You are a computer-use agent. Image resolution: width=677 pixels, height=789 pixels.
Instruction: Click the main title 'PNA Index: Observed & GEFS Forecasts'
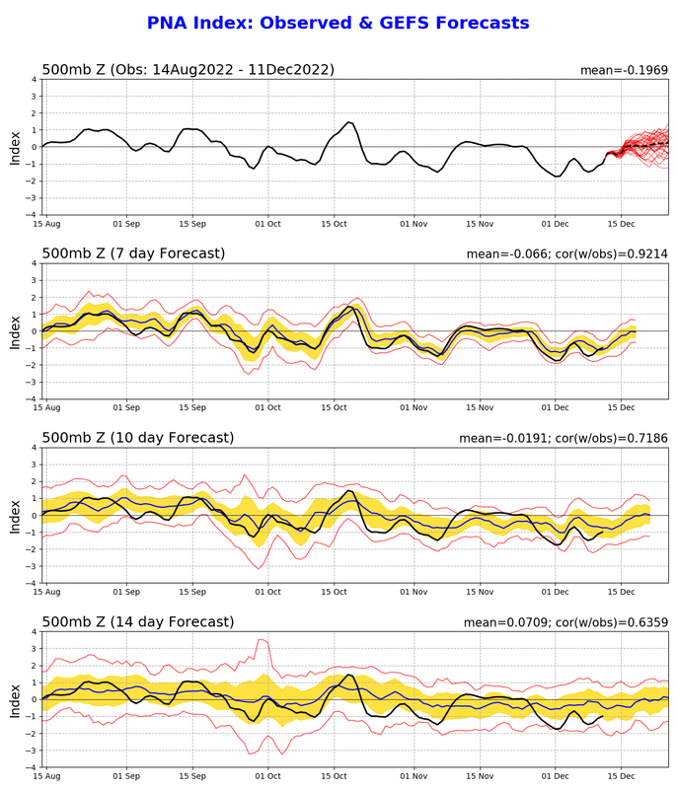pos(338,23)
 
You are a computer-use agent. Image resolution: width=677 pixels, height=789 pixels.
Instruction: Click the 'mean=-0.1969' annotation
pos(626,70)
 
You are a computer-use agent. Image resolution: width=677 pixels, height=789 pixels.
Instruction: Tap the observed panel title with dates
pos(188,70)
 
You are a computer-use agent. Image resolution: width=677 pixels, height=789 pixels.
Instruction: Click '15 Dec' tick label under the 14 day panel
pos(621,775)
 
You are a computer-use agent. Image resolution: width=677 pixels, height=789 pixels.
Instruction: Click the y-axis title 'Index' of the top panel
pos(15,147)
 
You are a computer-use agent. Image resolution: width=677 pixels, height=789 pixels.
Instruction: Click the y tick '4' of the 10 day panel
pos(34,448)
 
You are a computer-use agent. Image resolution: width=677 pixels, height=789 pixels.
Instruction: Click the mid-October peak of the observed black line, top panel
pos(349,122)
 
